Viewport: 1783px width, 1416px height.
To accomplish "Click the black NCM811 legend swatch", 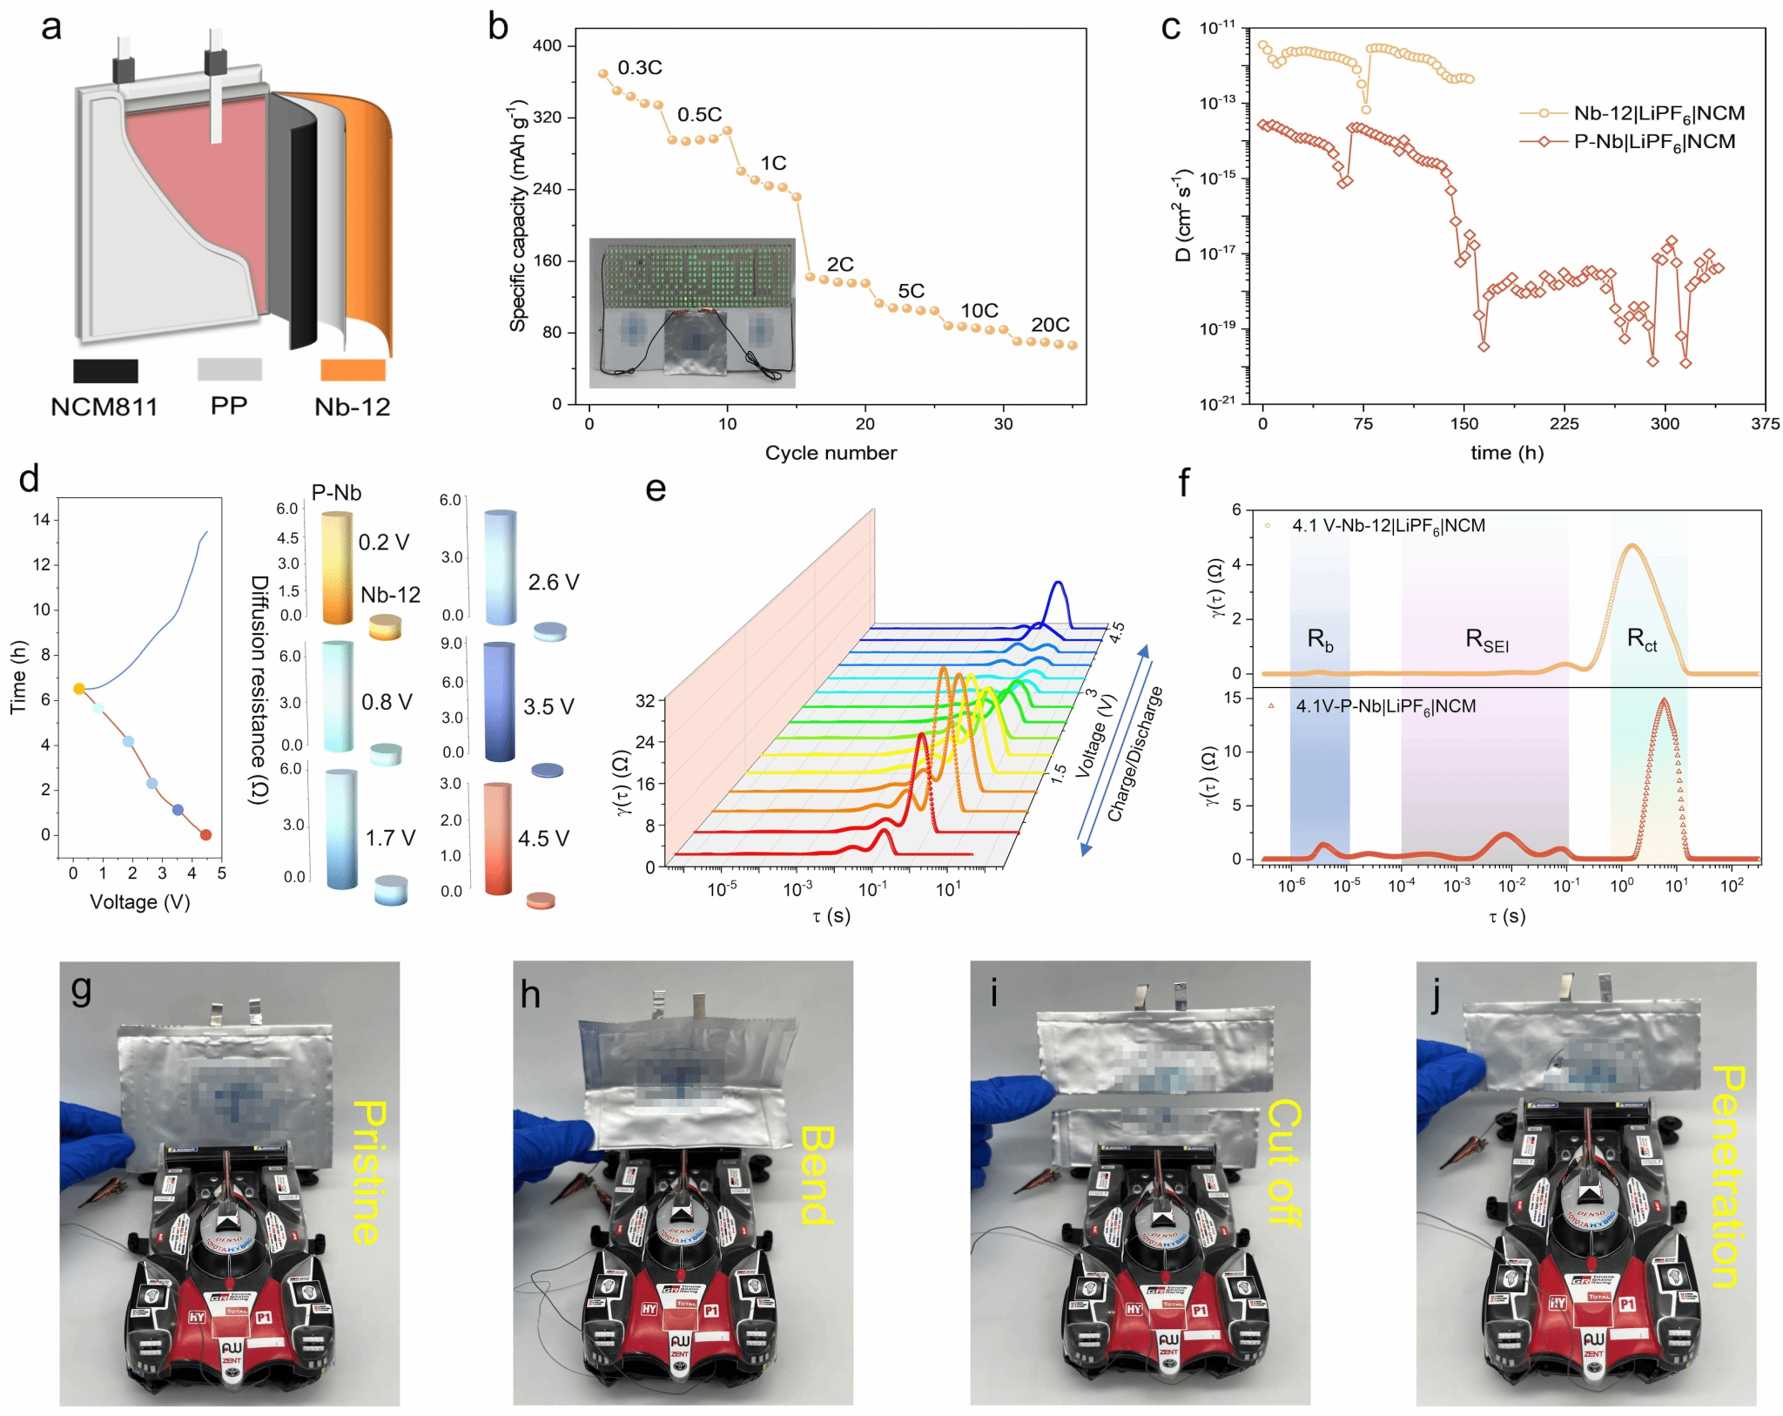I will point(105,370).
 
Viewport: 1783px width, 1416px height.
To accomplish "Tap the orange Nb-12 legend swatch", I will point(353,370).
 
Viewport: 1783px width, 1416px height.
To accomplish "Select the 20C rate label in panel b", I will point(1050,325).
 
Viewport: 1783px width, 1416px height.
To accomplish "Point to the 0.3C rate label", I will point(640,68).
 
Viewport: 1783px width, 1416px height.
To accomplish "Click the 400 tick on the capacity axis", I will point(547,45).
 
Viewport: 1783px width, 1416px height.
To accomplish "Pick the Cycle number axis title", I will point(830,453).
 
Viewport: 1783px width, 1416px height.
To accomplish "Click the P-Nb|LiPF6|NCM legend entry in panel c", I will point(1654,142).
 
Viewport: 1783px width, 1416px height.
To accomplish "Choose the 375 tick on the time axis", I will point(1765,424).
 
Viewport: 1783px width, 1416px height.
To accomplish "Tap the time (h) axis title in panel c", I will point(1507,453).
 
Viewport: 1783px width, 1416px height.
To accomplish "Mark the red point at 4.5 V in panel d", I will point(206,834).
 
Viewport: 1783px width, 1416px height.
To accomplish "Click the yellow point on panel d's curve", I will point(79,689).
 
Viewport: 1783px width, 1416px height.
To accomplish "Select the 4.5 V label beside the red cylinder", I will point(543,839).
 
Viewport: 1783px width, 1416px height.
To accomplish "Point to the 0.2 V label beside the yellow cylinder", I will point(384,543).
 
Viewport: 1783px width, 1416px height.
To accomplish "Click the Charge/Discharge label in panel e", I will point(1134,754).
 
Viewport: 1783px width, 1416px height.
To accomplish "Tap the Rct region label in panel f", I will point(1642,640).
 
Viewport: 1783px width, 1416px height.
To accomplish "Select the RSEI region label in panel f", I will point(1487,640).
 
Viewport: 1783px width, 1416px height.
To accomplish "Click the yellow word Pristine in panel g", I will point(369,1171).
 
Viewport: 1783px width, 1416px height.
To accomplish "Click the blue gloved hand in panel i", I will point(1010,1106).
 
